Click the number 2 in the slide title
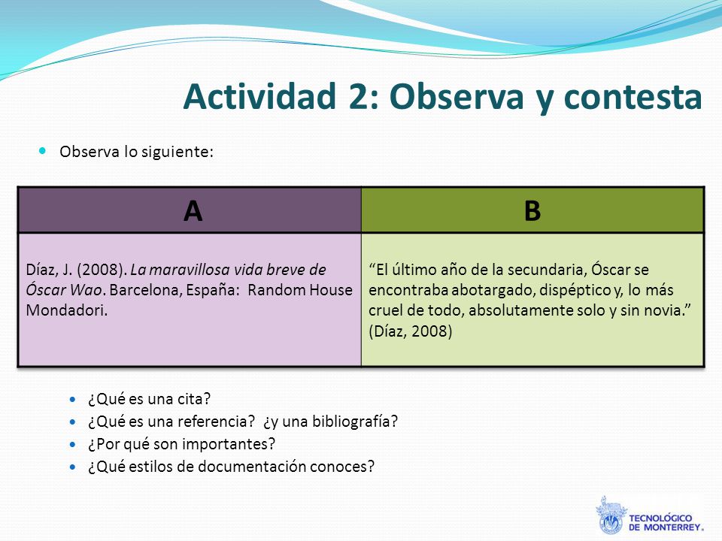pos(358,97)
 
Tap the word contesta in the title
pos(633,98)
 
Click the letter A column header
pos(193,211)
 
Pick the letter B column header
pos(532,211)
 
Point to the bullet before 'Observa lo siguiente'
pos(43,150)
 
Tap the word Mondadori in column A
pos(66,310)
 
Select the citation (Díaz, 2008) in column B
pos(411,331)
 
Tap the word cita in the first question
pos(194,399)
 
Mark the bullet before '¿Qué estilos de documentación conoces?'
pos(73,467)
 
